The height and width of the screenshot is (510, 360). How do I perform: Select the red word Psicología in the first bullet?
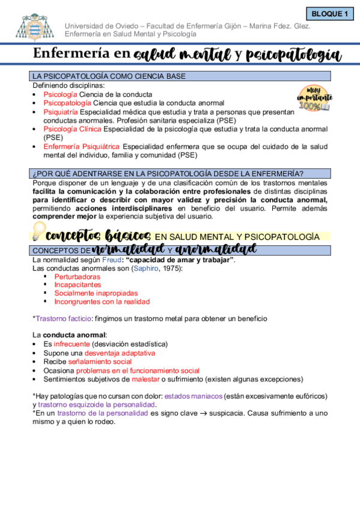[x=60, y=94]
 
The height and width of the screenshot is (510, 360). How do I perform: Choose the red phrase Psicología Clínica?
[x=73, y=129]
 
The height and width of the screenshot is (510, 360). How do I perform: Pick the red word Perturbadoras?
[x=78, y=277]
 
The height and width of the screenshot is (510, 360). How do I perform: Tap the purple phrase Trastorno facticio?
[x=63, y=318]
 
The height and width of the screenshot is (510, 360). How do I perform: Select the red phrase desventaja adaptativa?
[x=120, y=353]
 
